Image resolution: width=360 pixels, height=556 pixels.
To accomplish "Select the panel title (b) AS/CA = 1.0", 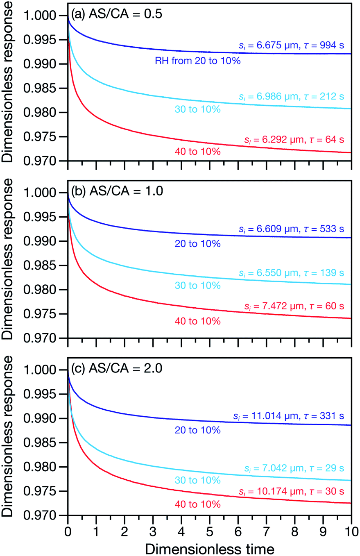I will coord(117,191).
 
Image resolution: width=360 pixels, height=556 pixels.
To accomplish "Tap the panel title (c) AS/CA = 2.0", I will coord(117,368).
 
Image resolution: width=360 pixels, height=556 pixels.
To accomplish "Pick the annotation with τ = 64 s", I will coord(292,140).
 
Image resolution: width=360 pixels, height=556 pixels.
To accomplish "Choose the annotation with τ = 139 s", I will coord(290,273).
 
